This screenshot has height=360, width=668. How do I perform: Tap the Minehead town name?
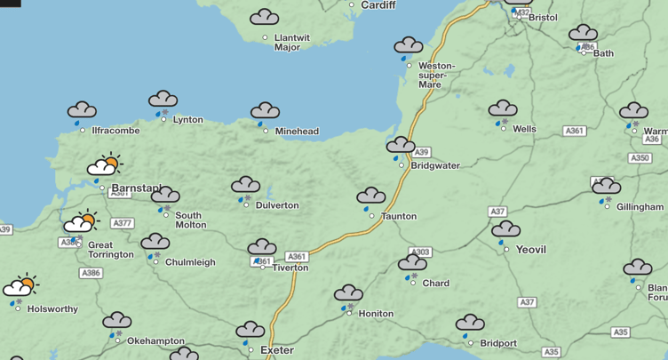click(x=297, y=132)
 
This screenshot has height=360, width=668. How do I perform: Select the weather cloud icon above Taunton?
click(x=370, y=196)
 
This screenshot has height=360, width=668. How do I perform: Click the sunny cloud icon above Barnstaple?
click(x=105, y=165)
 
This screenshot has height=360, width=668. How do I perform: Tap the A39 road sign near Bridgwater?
click(x=422, y=152)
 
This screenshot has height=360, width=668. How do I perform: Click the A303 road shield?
click(x=421, y=252)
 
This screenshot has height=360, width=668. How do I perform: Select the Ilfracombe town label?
click(x=115, y=131)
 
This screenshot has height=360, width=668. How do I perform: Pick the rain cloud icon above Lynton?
click(x=163, y=99)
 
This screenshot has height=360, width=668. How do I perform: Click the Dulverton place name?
click(x=276, y=205)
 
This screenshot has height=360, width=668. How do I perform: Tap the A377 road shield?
click(x=123, y=223)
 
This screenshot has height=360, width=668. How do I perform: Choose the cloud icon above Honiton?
click(x=348, y=293)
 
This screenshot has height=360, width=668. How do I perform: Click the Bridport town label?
click(x=497, y=343)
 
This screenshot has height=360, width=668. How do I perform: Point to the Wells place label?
click(x=524, y=129)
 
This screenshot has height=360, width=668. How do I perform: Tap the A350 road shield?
click(x=640, y=158)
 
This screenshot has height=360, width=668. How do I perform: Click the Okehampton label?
click(x=155, y=340)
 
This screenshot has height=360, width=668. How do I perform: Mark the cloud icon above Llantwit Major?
click(x=264, y=17)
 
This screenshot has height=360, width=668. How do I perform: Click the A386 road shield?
click(x=91, y=273)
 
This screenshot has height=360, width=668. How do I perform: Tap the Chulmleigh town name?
click(x=189, y=262)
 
